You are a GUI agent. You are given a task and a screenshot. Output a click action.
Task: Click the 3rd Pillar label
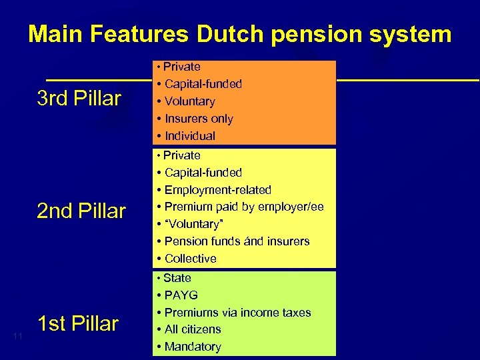pyautogui.click(x=79, y=99)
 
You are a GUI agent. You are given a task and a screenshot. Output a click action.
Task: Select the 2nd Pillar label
pyautogui.click(x=81, y=211)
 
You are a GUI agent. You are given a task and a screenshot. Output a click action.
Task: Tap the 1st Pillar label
pyautogui.click(x=78, y=324)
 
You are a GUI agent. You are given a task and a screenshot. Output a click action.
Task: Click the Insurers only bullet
pyautogui.click(x=199, y=119)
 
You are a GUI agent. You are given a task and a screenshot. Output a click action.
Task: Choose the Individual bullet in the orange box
pyautogui.click(x=189, y=136)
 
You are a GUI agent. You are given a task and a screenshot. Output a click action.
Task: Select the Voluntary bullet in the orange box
pyautogui.click(x=189, y=101)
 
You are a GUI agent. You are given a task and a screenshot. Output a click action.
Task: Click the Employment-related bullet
pyautogui.click(x=217, y=190)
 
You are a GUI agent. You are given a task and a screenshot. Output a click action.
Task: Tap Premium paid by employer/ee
pyautogui.click(x=244, y=207)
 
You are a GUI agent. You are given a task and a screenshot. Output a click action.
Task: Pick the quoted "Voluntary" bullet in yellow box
pyautogui.click(x=192, y=224)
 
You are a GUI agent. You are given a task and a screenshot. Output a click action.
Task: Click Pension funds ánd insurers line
pyautogui.click(x=237, y=241)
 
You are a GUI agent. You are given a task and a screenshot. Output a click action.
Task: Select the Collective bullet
pyautogui.click(x=190, y=259)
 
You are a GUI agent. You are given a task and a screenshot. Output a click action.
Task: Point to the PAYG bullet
pyautogui.click(x=181, y=295)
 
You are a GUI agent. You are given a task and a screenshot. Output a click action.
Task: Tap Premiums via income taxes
pyautogui.click(x=237, y=313)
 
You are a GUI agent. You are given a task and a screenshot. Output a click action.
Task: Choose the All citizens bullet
pyautogui.click(x=193, y=329)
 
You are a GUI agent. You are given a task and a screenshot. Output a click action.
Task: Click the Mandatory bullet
pyautogui.click(x=192, y=347)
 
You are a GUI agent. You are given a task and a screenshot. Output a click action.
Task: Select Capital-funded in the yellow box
pyautogui.click(x=203, y=173)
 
